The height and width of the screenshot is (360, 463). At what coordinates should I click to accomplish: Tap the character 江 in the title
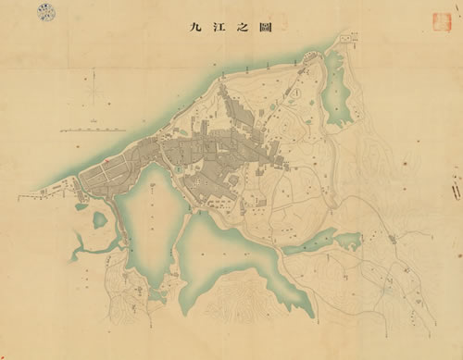click(218, 28)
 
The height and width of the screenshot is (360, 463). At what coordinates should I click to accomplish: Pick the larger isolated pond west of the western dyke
click(99, 220)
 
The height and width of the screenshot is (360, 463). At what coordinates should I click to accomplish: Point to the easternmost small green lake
click(348, 242)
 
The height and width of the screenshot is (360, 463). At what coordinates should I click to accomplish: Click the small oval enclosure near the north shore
click(294, 93)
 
